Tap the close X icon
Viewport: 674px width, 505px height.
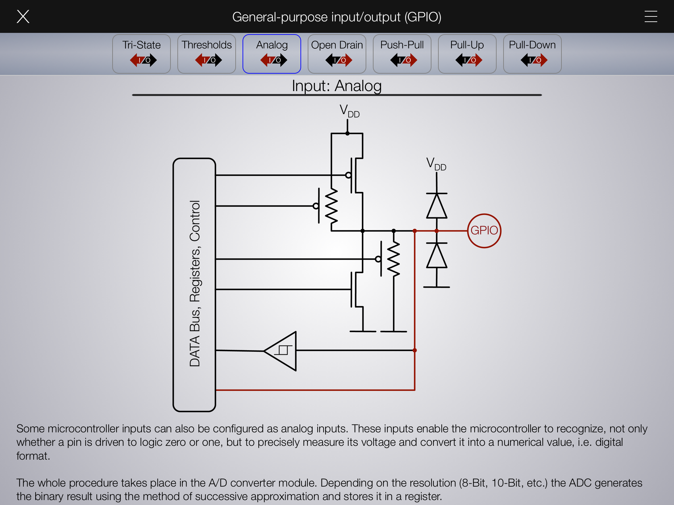pyautogui.click(x=23, y=16)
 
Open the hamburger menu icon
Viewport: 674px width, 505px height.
pyautogui.click(x=651, y=16)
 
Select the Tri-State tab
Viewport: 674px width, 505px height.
pyautogui.click(x=142, y=54)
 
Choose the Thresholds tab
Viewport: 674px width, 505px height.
pyautogui.click(x=207, y=54)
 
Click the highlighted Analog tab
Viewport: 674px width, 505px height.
pyautogui.click(x=272, y=54)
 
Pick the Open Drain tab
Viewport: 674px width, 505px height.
pyautogui.click(x=337, y=54)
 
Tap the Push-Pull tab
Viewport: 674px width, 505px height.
pyautogui.click(x=402, y=54)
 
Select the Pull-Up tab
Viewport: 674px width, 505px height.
pyautogui.click(x=467, y=54)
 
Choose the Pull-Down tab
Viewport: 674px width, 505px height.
pyautogui.click(x=532, y=54)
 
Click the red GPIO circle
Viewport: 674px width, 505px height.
pyautogui.click(x=484, y=214)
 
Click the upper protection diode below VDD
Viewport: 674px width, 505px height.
pyautogui.click(x=437, y=206)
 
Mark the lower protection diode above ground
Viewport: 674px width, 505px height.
pyautogui.click(x=437, y=255)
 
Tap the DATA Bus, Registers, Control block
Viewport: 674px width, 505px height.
pyautogui.click(x=194, y=285)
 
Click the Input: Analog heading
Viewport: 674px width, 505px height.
pyautogui.click(x=337, y=86)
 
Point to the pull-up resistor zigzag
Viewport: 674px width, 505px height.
pyautogui.click(x=331, y=206)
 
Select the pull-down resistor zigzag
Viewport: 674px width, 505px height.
pyautogui.click(x=394, y=259)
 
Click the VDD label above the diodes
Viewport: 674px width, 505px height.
pyautogui.click(x=436, y=164)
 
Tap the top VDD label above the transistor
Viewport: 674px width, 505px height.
pyautogui.click(x=350, y=111)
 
